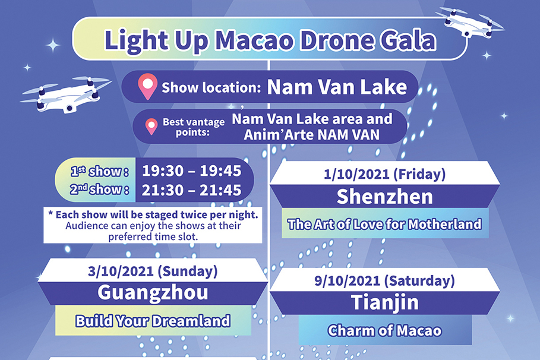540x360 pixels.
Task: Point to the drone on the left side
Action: click(x=65, y=93)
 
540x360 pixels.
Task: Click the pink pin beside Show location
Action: click(x=147, y=87)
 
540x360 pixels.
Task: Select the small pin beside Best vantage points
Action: click(x=152, y=126)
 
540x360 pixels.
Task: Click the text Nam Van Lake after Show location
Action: click(x=337, y=87)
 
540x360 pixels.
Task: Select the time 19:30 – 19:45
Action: click(x=191, y=171)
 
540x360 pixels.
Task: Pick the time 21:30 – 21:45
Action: click(x=191, y=190)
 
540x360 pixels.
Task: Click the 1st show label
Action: click(x=99, y=172)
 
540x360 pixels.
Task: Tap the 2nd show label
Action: click(x=99, y=190)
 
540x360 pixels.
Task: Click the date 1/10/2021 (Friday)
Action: click(x=385, y=175)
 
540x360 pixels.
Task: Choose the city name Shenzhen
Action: click(x=385, y=197)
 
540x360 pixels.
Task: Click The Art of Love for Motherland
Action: click(x=384, y=225)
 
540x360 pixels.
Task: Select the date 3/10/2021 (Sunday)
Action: click(x=153, y=271)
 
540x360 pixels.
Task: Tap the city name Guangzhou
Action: click(x=153, y=292)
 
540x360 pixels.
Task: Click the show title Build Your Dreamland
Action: click(x=152, y=321)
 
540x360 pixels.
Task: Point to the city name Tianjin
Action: click(x=385, y=302)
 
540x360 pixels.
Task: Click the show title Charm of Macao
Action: click(x=385, y=330)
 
